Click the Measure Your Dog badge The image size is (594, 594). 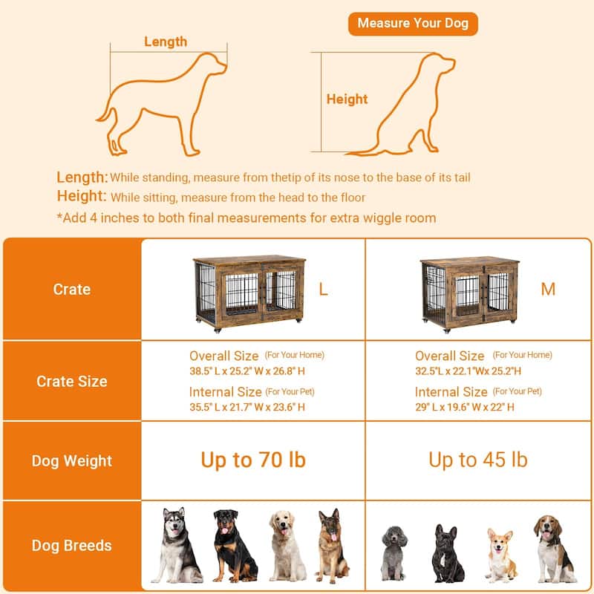413,24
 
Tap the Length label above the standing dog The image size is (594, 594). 166,42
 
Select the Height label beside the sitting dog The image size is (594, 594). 347,99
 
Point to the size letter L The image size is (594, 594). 323,290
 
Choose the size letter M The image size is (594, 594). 548,290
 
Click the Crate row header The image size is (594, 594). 72,290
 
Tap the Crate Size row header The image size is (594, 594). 72,381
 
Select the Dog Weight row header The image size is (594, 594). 72,461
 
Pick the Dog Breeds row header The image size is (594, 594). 72,546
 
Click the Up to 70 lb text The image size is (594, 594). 253,460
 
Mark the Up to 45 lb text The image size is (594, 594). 478,460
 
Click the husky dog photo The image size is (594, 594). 177,545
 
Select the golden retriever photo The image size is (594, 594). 287,546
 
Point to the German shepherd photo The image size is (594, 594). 332,546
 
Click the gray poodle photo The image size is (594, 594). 394,553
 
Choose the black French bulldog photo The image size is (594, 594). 448,553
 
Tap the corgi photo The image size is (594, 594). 501,555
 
